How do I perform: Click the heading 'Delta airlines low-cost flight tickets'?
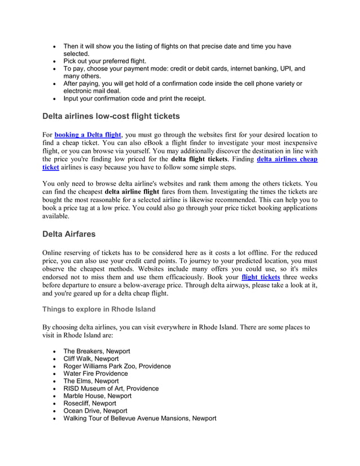click(111, 117)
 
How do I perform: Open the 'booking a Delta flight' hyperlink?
click(87, 135)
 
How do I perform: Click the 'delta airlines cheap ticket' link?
click(287, 160)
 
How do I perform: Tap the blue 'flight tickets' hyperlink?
click(260, 278)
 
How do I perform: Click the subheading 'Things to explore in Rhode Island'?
click(99, 309)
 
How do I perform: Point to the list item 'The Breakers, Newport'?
click(96, 351)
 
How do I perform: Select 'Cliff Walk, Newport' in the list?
click(91, 358)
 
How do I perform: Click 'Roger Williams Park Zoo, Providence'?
click(117, 366)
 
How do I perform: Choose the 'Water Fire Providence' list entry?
click(95, 373)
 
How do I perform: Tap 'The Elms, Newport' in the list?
click(91, 381)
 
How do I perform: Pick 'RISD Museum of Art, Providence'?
click(111, 388)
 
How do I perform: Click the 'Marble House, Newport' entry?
click(97, 396)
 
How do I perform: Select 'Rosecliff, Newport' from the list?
click(90, 403)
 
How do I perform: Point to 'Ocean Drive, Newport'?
click(95, 411)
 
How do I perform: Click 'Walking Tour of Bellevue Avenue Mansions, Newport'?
click(139, 419)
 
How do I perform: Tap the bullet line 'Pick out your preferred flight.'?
click(104, 61)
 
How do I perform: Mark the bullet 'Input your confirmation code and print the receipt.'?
click(134, 99)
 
